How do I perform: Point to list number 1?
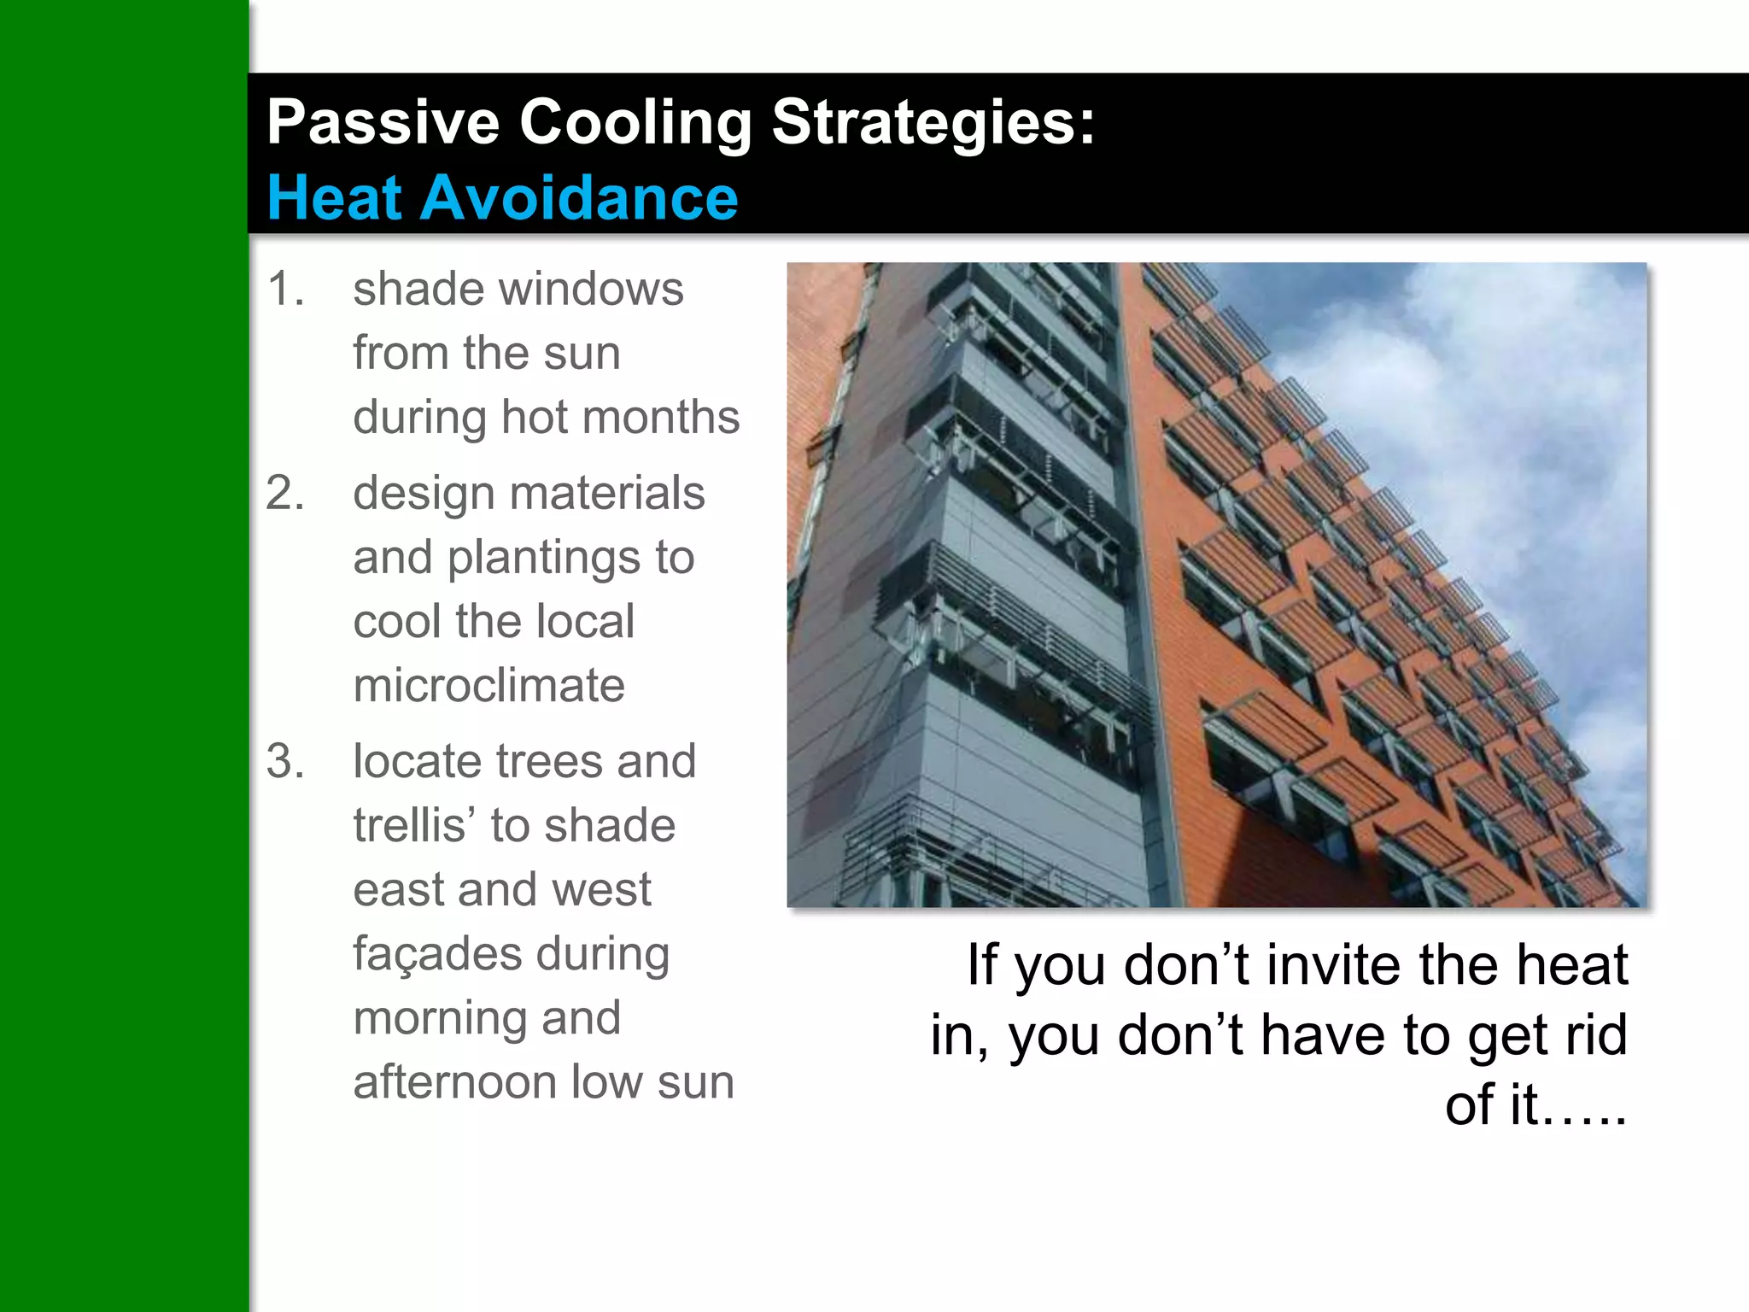284,289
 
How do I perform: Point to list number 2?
284,493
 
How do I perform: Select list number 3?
284,761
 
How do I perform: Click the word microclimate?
488,685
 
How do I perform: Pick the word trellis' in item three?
414,825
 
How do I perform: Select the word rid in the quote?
1595,1035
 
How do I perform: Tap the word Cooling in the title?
635,122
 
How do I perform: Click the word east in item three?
398,890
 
